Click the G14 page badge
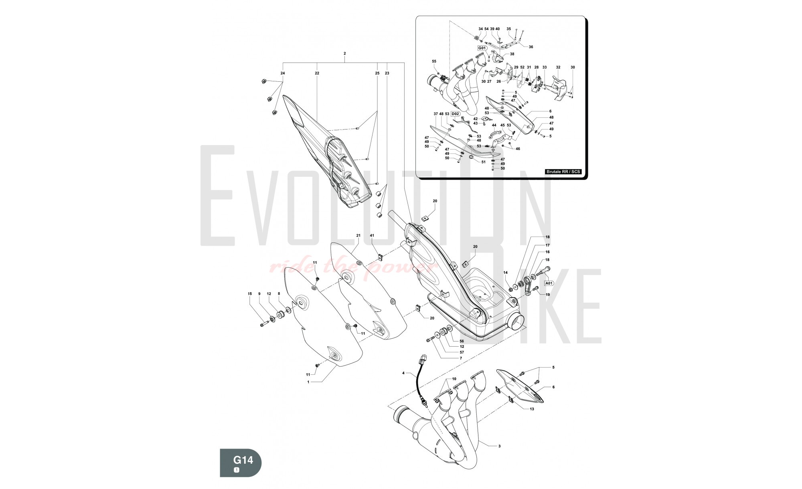[241, 463]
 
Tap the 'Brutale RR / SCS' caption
[563, 172]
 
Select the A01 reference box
[549, 283]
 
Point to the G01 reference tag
[482, 48]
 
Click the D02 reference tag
[455, 114]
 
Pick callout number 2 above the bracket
[344, 53]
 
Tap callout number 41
[372, 235]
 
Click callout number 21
[358, 235]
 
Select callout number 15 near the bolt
[249, 294]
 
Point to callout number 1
[308, 382]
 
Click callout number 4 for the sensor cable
[403, 373]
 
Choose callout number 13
[532, 409]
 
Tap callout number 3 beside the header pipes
[499, 446]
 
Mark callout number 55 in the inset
[434, 61]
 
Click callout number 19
[548, 295]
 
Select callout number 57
[462, 352]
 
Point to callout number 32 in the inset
[558, 67]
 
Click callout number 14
[505, 273]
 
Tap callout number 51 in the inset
[483, 162]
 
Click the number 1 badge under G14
[237, 470]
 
